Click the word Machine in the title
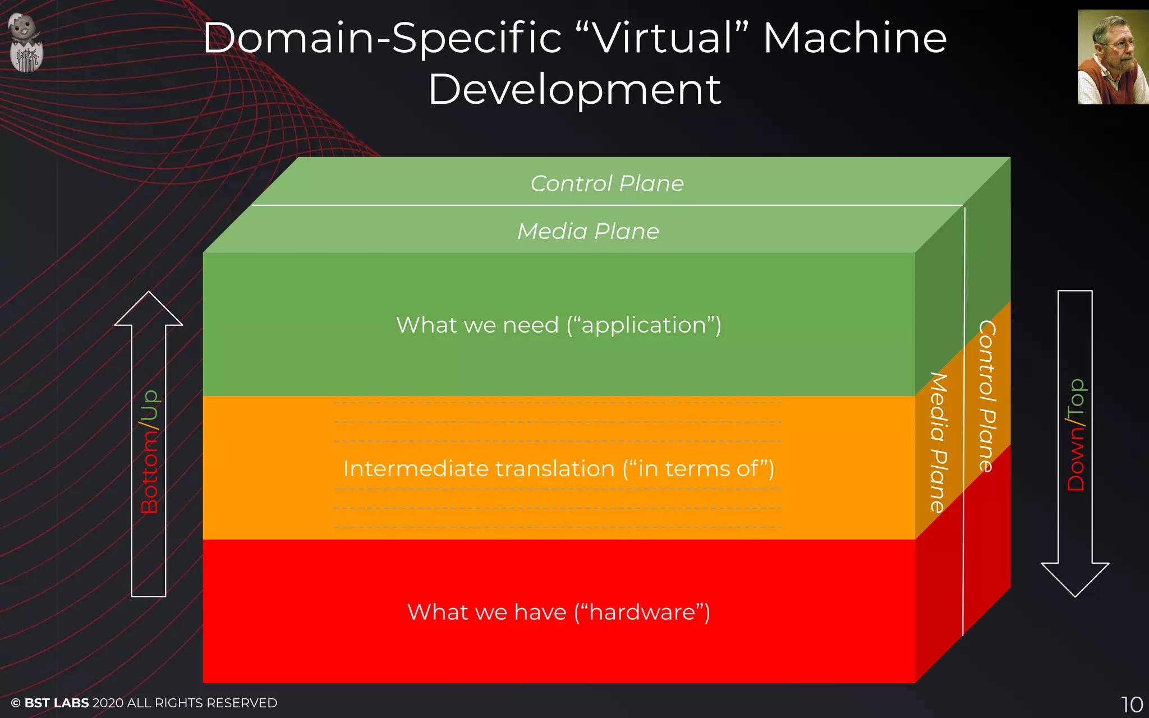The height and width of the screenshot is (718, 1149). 855,38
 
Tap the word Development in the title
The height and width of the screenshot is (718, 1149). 574,90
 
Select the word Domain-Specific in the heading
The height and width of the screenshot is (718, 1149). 382,38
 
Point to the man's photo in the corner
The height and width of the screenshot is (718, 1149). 1113,57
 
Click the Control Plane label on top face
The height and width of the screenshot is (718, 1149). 607,183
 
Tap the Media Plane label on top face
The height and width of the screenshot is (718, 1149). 588,231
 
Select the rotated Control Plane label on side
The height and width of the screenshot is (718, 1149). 987,396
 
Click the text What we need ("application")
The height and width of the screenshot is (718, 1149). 559,325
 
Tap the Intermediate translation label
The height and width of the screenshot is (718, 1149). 559,468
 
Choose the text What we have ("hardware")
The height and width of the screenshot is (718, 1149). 559,612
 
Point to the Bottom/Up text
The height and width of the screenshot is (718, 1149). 149,452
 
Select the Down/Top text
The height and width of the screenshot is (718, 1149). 1076,435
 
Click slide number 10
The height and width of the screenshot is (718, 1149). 1132,704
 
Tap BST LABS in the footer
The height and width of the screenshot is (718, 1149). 57,703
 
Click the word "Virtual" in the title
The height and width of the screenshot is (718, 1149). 662,38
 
